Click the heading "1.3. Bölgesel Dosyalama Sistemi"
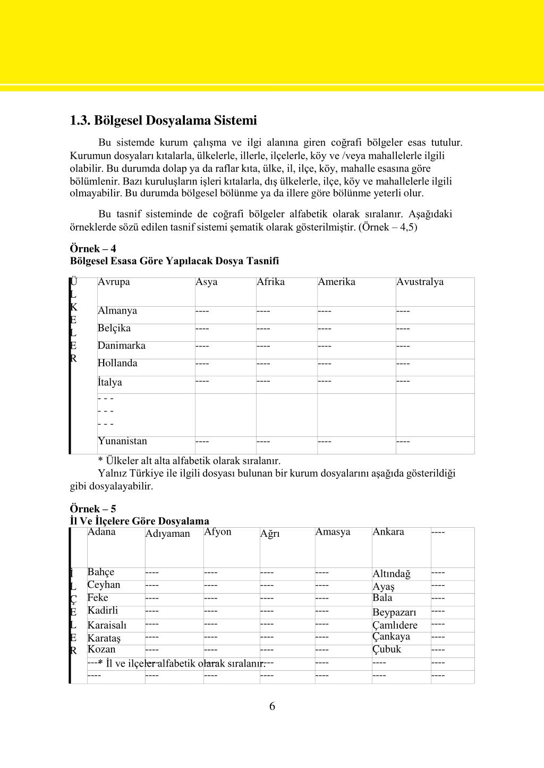tap(163, 121)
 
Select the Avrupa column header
tap(114, 282)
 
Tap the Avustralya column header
tap(420, 282)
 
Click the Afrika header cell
tap(270, 282)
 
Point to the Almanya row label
tap(117, 311)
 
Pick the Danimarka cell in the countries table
tap(122, 346)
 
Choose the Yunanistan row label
tap(122, 441)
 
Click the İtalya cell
tap(110, 382)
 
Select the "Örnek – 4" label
tap(93, 249)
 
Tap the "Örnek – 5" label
tap(93, 509)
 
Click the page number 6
tap(272, 706)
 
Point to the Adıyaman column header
tap(167, 534)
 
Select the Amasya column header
tap(333, 532)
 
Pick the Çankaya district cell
tap(391, 637)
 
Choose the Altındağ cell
tap(392, 574)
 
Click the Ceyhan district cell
tap(104, 585)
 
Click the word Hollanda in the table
tap(117, 364)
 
